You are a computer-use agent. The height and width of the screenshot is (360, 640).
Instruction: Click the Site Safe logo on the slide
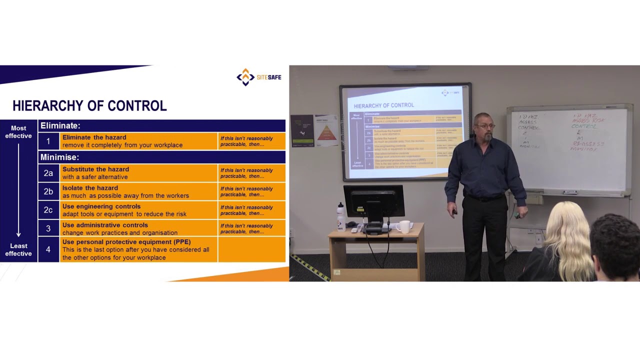(x=258, y=77)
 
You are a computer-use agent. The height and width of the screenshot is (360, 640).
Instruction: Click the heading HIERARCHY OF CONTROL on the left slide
(x=89, y=106)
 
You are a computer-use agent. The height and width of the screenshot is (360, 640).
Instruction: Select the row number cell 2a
(x=48, y=173)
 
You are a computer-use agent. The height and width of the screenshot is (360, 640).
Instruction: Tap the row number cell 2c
(x=48, y=210)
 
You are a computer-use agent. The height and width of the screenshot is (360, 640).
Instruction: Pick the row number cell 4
(x=48, y=249)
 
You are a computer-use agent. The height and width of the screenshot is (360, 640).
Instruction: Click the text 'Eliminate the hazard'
(x=94, y=137)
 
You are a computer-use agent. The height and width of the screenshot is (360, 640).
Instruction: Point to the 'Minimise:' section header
(x=59, y=157)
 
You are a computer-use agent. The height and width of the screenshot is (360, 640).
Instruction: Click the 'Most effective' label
(x=18, y=132)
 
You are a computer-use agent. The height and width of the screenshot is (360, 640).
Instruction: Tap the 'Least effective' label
(x=18, y=249)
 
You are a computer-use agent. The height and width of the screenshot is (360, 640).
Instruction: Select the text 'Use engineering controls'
(x=101, y=206)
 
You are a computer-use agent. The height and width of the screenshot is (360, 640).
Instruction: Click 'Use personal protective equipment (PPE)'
(x=126, y=242)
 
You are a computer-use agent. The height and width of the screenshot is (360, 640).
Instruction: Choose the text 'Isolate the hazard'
(x=90, y=188)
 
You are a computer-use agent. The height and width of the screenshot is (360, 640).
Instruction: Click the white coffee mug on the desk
(x=403, y=226)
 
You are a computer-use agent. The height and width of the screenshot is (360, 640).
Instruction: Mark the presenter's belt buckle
(x=483, y=199)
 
